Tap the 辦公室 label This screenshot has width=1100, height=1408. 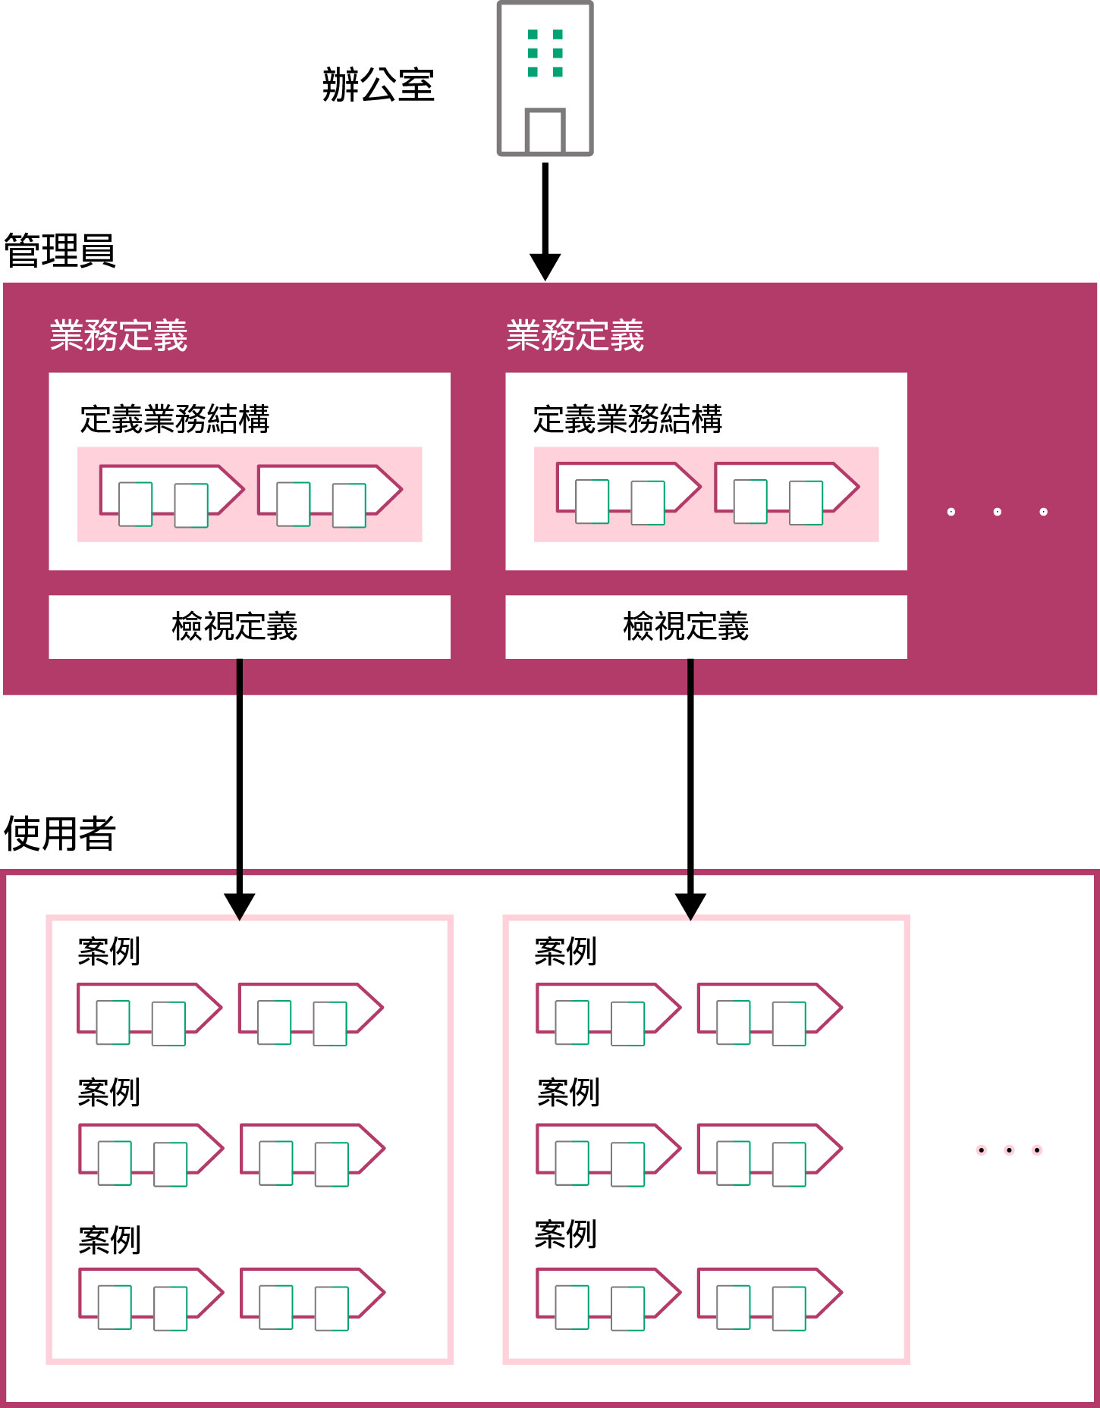click(x=378, y=85)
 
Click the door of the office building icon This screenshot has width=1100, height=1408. click(x=545, y=132)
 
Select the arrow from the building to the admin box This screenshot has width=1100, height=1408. click(x=545, y=220)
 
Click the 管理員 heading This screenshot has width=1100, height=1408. click(x=59, y=251)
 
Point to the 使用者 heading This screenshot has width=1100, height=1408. click(x=59, y=833)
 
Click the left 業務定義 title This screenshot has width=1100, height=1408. click(x=118, y=336)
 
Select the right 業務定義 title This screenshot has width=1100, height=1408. click(x=575, y=336)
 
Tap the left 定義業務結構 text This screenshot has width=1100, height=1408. click(x=174, y=419)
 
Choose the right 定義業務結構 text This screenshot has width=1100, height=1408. click(x=627, y=419)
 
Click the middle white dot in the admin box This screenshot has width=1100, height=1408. click(x=997, y=512)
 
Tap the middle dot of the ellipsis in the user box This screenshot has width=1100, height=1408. click(x=1009, y=1150)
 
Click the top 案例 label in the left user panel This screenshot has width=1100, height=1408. click(x=109, y=952)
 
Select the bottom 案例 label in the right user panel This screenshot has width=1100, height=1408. click(x=566, y=1234)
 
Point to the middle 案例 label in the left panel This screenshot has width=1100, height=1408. click(x=109, y=1093)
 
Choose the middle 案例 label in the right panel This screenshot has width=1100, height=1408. click(x=568, y=1093)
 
